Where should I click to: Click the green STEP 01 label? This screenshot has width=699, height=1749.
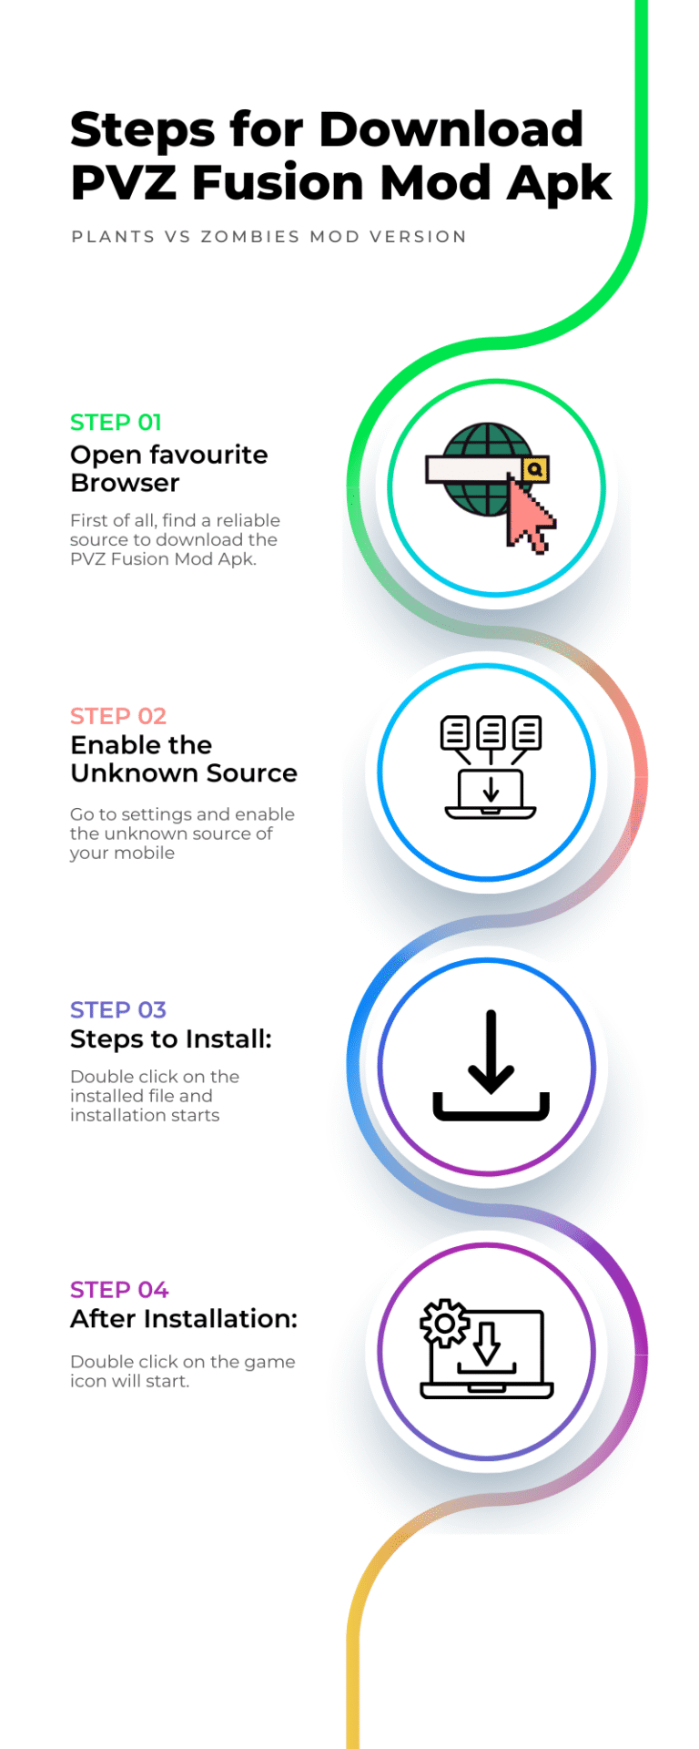tap(116, 423)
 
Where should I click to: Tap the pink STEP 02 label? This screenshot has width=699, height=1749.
tap(118, 716)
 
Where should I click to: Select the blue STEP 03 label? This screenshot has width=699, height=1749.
tap(118, 1010)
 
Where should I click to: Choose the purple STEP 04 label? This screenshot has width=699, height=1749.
tap(119, 1290)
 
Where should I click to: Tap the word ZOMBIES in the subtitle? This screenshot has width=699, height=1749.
tap(250, 237)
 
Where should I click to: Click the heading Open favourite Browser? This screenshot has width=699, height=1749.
tap(169, 468)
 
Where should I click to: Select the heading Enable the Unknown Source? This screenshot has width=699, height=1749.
tap(184, 759)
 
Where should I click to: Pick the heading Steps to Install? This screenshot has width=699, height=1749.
tap(171, 1039)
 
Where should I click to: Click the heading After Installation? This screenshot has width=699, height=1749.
tap(184, 1319)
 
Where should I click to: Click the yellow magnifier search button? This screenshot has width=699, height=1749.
tap(535, 469)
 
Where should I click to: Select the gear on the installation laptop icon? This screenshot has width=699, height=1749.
tap(444, 1323)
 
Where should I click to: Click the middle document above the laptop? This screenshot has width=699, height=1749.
tap(491, 732)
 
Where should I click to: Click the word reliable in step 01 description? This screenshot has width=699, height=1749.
tap(248, 520)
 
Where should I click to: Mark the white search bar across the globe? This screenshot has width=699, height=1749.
tap(474, 469)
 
